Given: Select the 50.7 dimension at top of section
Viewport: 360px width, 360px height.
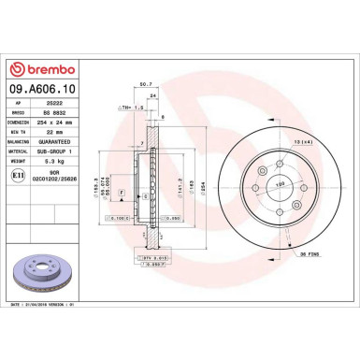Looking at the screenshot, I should [x=145, y=84].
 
